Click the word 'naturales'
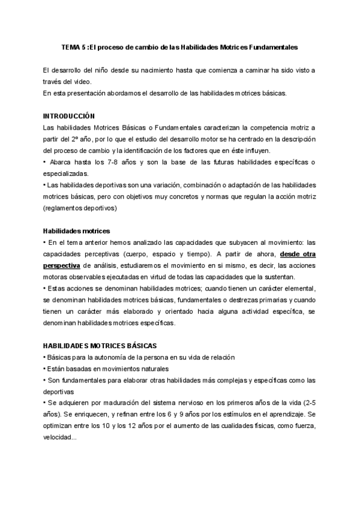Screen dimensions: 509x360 (153, 369)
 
